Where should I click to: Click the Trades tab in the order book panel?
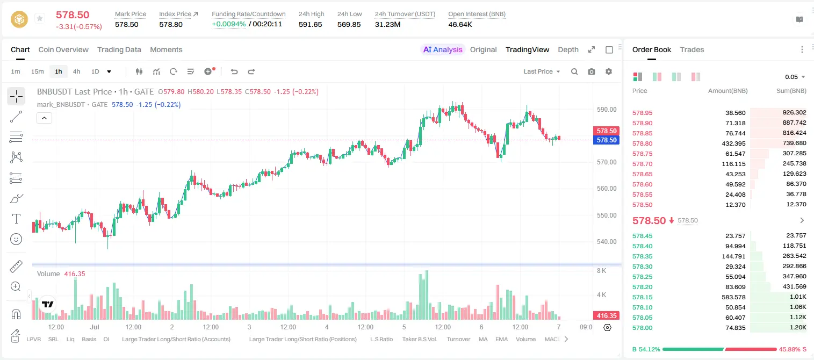click(691, 49)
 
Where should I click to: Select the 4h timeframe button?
click(76, 71)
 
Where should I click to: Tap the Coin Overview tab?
click(63, 49)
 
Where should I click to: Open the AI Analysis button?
click(442, 49)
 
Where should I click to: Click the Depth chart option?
click(568, 49)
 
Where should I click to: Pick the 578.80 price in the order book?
click(642, 143)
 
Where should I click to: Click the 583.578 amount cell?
click(733, 297)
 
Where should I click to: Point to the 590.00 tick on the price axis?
click(607, 110)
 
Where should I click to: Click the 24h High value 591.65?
click(311, 24)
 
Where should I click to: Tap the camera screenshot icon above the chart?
click(591, 71)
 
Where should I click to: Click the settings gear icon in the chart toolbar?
click(609, 71)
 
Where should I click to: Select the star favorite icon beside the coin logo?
click(40, 18)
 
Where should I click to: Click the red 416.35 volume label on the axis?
click(606, 316)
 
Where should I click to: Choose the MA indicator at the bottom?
click(483, 339)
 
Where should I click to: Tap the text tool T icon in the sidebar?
click(16, 219)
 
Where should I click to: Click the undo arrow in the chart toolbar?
click(234, 71)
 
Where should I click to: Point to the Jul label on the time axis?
click(95, 327)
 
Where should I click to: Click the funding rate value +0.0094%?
click(228, 24)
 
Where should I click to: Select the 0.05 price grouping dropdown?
click(795, 77)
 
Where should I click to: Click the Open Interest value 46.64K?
click(460, 24)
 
